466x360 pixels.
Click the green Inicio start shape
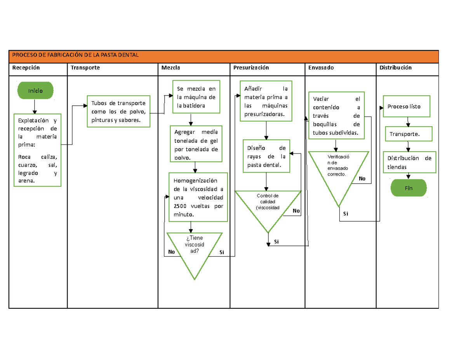35,90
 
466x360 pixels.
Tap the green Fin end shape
408,188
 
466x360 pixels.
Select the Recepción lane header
26,68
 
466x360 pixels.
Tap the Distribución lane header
396,68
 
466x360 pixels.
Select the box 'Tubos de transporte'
118,111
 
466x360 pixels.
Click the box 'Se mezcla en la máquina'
196,97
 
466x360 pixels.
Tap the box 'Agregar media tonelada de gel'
196,143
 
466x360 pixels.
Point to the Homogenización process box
198,197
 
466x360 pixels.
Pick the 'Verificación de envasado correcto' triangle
337,171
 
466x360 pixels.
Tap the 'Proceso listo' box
407,106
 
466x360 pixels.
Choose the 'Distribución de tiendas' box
409,162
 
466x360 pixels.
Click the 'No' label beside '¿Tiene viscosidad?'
171,252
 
